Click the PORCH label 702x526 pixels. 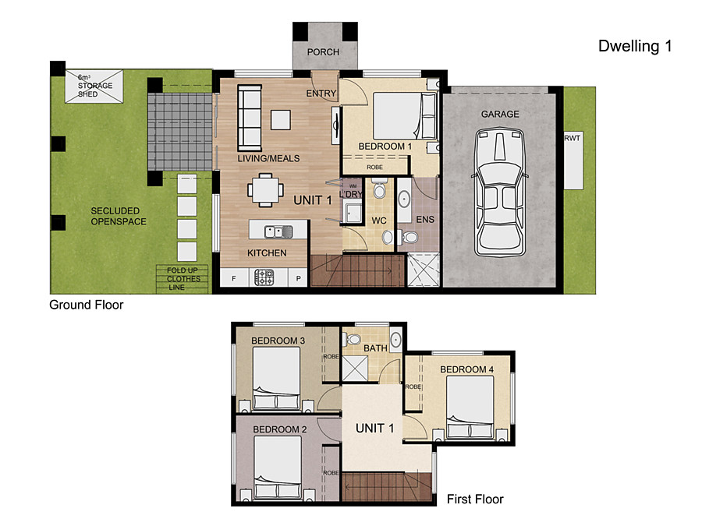323,52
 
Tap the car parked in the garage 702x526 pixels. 499,192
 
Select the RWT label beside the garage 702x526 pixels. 573,138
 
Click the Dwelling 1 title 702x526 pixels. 635,46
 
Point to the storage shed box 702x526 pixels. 94,86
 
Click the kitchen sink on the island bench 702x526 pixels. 278,231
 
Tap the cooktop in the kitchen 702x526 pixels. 264,277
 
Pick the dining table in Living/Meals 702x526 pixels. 265,190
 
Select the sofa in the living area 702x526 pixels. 250,118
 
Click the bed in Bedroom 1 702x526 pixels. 405,116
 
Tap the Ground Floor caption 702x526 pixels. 86,305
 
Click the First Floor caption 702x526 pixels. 475,500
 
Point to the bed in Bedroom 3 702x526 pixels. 276,378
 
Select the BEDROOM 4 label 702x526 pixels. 466,369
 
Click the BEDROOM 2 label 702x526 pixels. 280,429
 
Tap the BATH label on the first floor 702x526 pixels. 375,348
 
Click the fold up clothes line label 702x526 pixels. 183,279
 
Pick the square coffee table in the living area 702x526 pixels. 280,120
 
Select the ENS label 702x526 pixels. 425,220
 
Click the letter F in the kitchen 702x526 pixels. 234,279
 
